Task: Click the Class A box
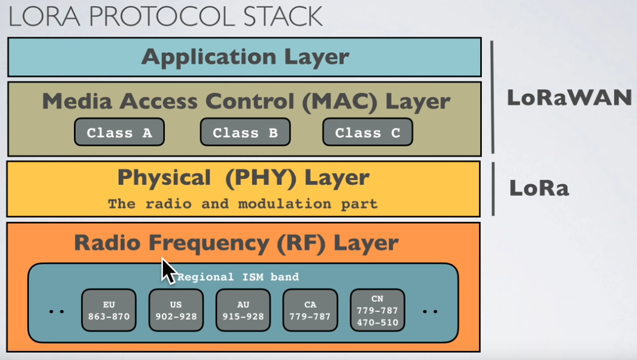click(119, 132)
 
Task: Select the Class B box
click(245, 132)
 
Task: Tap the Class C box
click(368, 132)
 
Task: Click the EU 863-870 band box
click(109, 310)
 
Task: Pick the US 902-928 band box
click(176, 310)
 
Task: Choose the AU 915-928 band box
click(243, 310)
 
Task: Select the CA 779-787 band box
click(310, 310)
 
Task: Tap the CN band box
click(378, 310)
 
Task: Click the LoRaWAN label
click(569, 98)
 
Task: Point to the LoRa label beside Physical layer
click(539, 188)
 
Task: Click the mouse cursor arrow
click(168, 271)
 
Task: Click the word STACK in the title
click(283, 16)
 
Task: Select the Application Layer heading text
click(245, 57)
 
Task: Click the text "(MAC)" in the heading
click(340, 101)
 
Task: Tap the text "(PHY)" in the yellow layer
click(261, 178)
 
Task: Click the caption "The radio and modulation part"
click(242, 204)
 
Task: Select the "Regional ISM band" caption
click(238, 277)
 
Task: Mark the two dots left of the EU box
click(56, 312)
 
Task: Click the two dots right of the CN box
click(430, 312)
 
